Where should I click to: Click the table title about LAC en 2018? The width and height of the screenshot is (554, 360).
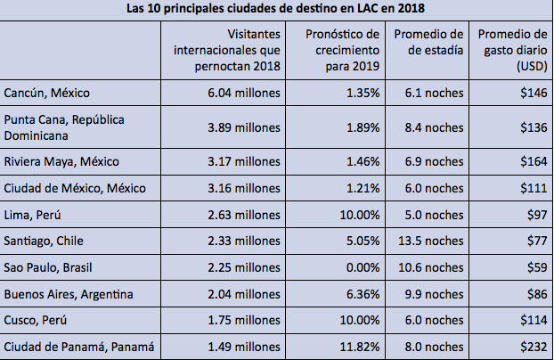pyautogui.click(x=277, y=9)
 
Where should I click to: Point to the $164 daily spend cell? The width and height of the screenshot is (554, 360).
pyautogui.click(x=531, y=161)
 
